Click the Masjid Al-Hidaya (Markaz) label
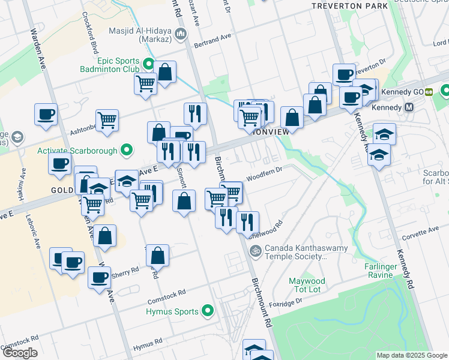(140, 35)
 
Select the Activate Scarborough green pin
(127, 150)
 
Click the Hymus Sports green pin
(208, 311)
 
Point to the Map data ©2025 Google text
(411, 355)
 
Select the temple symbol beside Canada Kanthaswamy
(255, 251)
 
